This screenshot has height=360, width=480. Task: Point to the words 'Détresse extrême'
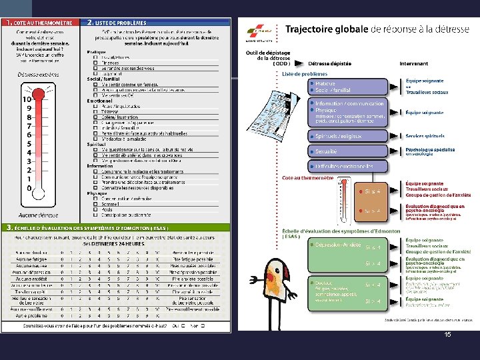(x=42, y=74)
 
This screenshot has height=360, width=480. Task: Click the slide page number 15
(x=447, y=334)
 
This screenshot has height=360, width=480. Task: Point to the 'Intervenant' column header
(x=414, y=64)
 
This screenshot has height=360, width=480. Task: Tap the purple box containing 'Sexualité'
(x=347, y=151)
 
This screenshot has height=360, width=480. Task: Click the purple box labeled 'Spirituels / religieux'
(x=347, y=136)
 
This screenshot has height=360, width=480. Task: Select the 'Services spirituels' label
(x=424, y=136)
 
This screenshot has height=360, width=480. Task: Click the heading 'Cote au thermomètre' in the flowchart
(x=307, y=177)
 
